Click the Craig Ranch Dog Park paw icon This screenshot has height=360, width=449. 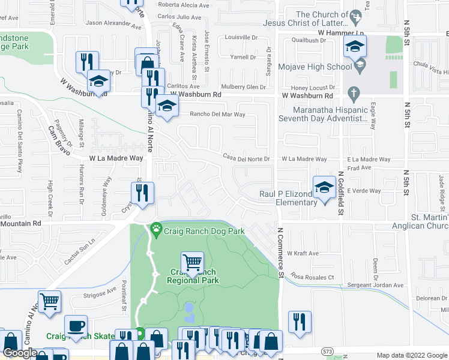point(157,228)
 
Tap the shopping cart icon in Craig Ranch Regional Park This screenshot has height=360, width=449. point(192,262)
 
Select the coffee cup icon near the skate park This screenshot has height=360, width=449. point(76,326)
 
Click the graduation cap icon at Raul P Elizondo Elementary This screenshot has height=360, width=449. point(324,187)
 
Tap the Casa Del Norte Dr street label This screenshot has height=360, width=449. point(247,158)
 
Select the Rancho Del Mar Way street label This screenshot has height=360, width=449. point(217,114)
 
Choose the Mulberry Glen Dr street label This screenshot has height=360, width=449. point(243,87)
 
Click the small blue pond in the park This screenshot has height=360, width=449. point(189,310)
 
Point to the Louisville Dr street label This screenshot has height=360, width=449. point(241,36)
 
